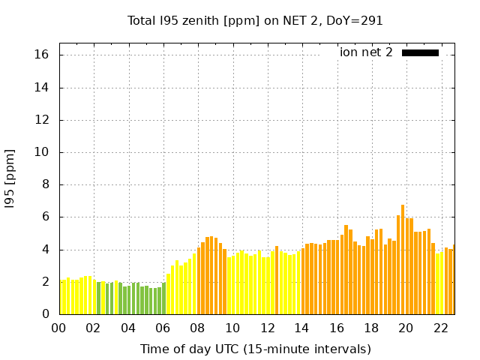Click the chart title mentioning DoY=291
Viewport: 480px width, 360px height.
[x=255, y=20]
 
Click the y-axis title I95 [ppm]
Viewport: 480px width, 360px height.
[x=10, y=178]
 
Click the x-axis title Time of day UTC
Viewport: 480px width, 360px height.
[x=255, y=349]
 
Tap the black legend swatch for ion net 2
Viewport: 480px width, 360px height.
[x=420, y=52]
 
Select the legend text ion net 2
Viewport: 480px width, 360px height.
[x=366, y=52]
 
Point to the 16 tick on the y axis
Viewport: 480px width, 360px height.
[x=42, y=55]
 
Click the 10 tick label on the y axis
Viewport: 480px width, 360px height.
[x=42, y=152]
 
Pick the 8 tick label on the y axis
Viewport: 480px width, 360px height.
[x=45, y=184]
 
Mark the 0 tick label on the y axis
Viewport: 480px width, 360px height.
[x=45, y=314]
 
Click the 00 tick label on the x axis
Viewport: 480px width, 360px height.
[x=59, y=328]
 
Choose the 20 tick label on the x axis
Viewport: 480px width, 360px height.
[x=406, y=328]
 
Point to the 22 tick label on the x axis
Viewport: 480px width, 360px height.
[x=440, y=328]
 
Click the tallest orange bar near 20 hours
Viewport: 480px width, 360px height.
[x=403, y=259]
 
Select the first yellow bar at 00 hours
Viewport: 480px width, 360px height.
[x=61, y=298]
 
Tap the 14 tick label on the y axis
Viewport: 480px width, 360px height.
[x=42, y=88]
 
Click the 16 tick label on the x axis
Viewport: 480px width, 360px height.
[x=337, y=328]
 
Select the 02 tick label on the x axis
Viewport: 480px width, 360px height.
[x=94, y=328]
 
